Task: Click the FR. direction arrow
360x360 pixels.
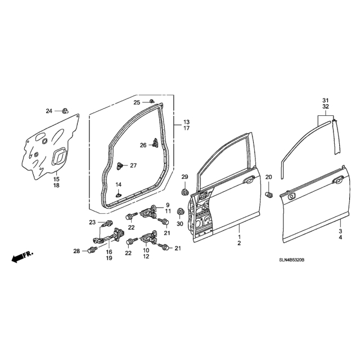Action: (x=22, y=256)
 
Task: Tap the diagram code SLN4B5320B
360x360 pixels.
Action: (x=291, y=260)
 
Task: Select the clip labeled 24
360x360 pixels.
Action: (x=66, y=111)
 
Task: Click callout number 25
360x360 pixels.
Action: (x=137, y=102)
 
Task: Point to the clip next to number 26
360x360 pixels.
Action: (x=156, y=143)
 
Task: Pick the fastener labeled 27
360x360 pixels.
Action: (x=120, y=165)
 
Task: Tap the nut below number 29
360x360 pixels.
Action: (x=184, y=191)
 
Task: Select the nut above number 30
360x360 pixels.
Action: (x=181, y=211)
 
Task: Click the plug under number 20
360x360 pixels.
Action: (x=268, y=195)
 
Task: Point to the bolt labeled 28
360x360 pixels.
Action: (x=92, y=249)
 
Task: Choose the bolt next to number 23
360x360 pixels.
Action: (x=109, y=223)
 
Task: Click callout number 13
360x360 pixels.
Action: (x=187, y=122)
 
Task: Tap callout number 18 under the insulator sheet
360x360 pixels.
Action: (x=56, y=185)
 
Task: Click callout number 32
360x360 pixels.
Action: (x=326, y=106)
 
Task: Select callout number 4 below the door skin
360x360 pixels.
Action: (x=340, y=237)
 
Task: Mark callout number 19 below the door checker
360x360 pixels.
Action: (x=109, y=258)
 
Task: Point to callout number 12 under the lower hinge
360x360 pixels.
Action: (x=146, y=256)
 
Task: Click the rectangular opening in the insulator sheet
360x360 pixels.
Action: (x=58, y=156)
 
